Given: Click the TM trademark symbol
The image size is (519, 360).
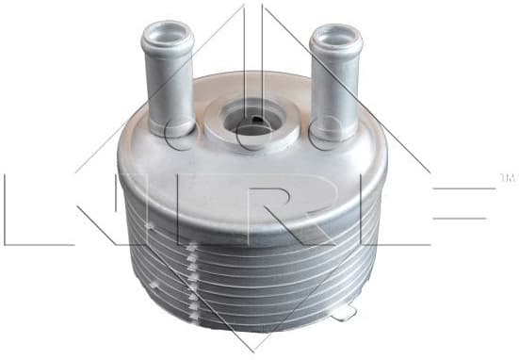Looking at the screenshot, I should [x=505, y=175].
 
